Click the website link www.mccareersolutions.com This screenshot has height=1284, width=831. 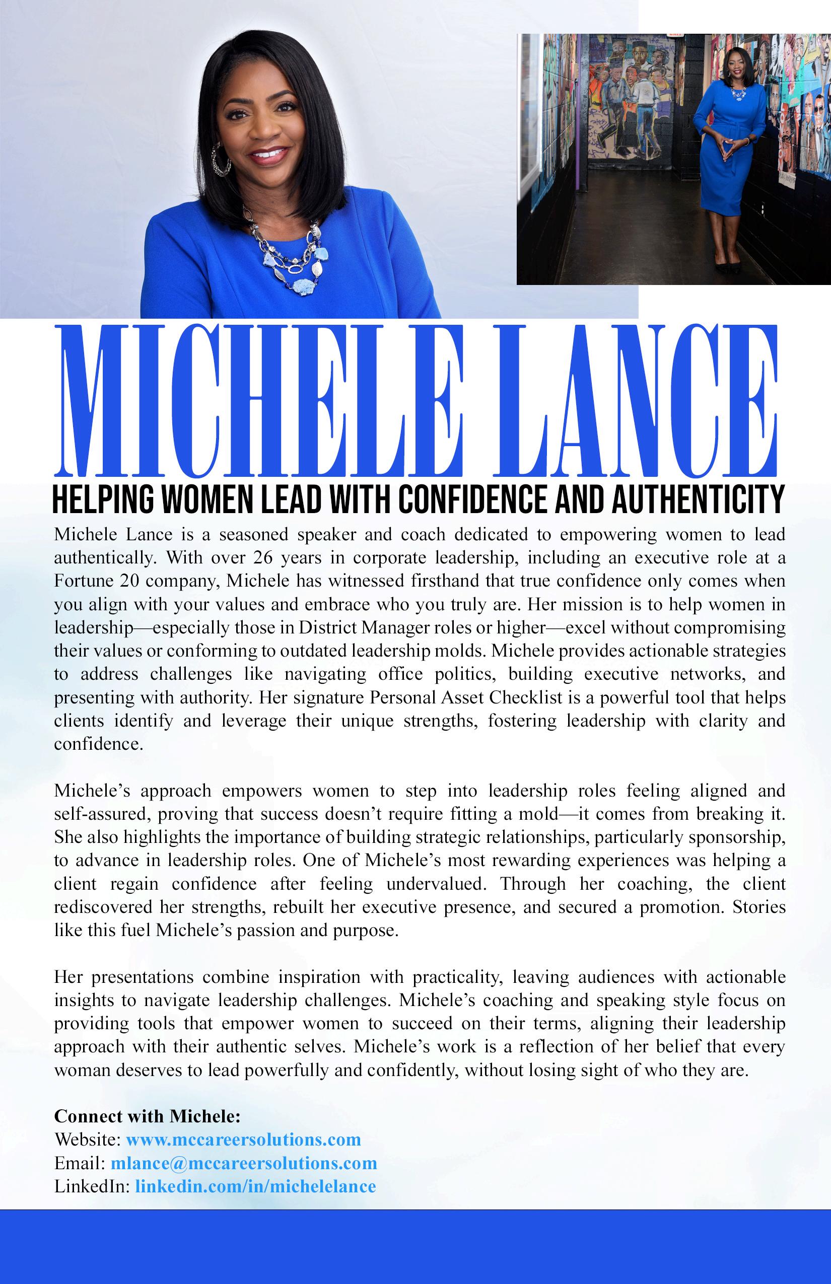point(243,1140)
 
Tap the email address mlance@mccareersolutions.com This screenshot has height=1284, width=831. point(244,1163)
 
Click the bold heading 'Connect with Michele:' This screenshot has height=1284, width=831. point(147,1116)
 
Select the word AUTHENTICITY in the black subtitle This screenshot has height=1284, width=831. point(698,501)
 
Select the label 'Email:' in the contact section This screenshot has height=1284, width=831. point(80,1163)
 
